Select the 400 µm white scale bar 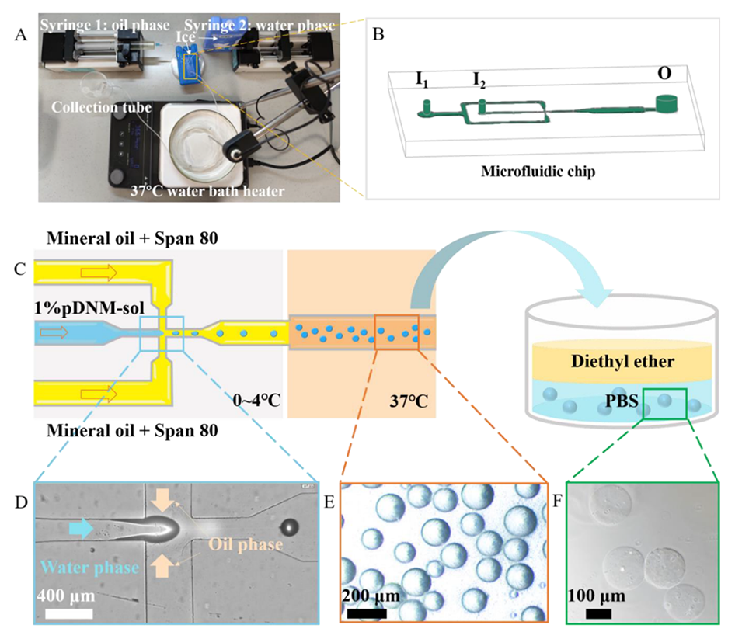click(68, 613)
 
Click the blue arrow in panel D click(80, 528)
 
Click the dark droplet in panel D click(289, 527)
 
